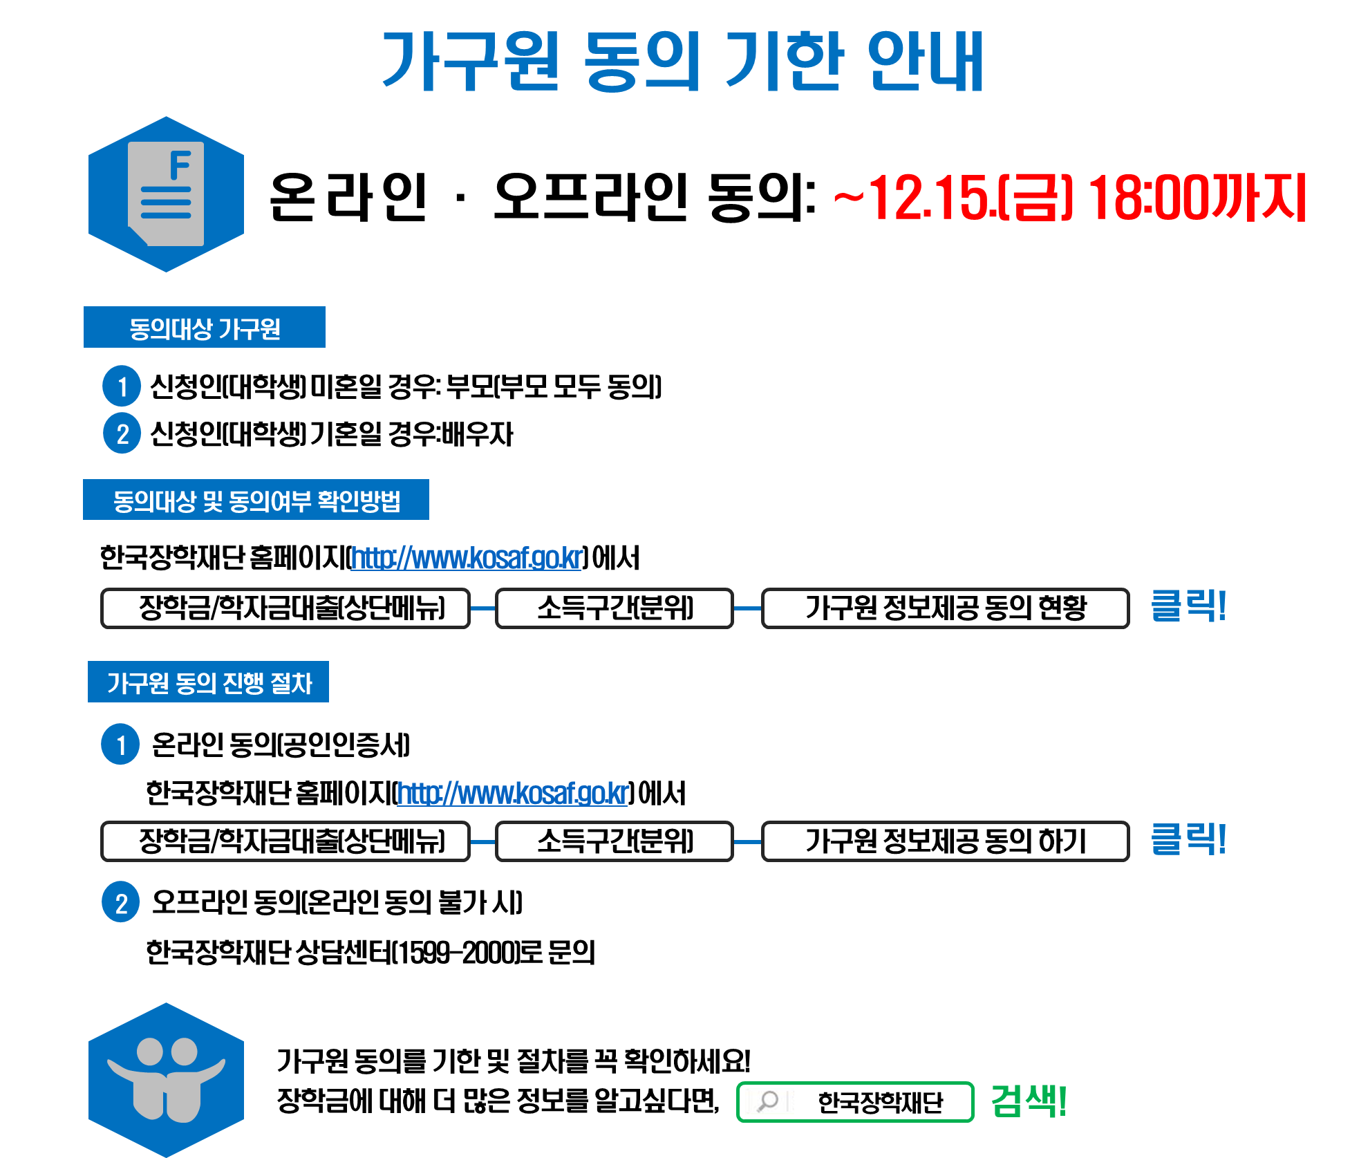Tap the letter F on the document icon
tap(180, 165)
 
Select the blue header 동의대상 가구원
tap(205, 327)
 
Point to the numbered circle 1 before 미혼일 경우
tap(122, 386)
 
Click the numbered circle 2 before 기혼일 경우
tap(122, 433)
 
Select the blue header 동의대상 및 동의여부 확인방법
tap(256, 500)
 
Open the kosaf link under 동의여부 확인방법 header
tap(467, 558)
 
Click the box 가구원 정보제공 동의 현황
tap(945, 608)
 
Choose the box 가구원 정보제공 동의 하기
tap(945, 841)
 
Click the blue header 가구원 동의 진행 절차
tap(208, 682)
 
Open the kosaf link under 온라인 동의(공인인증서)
tap(513, 793)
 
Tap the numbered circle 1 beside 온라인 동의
tap(121, 745)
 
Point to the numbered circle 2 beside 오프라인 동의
tap(121, 902)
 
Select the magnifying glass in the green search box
tap(767, 1101)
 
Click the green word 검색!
tap(1029, 1101)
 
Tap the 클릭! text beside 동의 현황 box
tap(1188, 606)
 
